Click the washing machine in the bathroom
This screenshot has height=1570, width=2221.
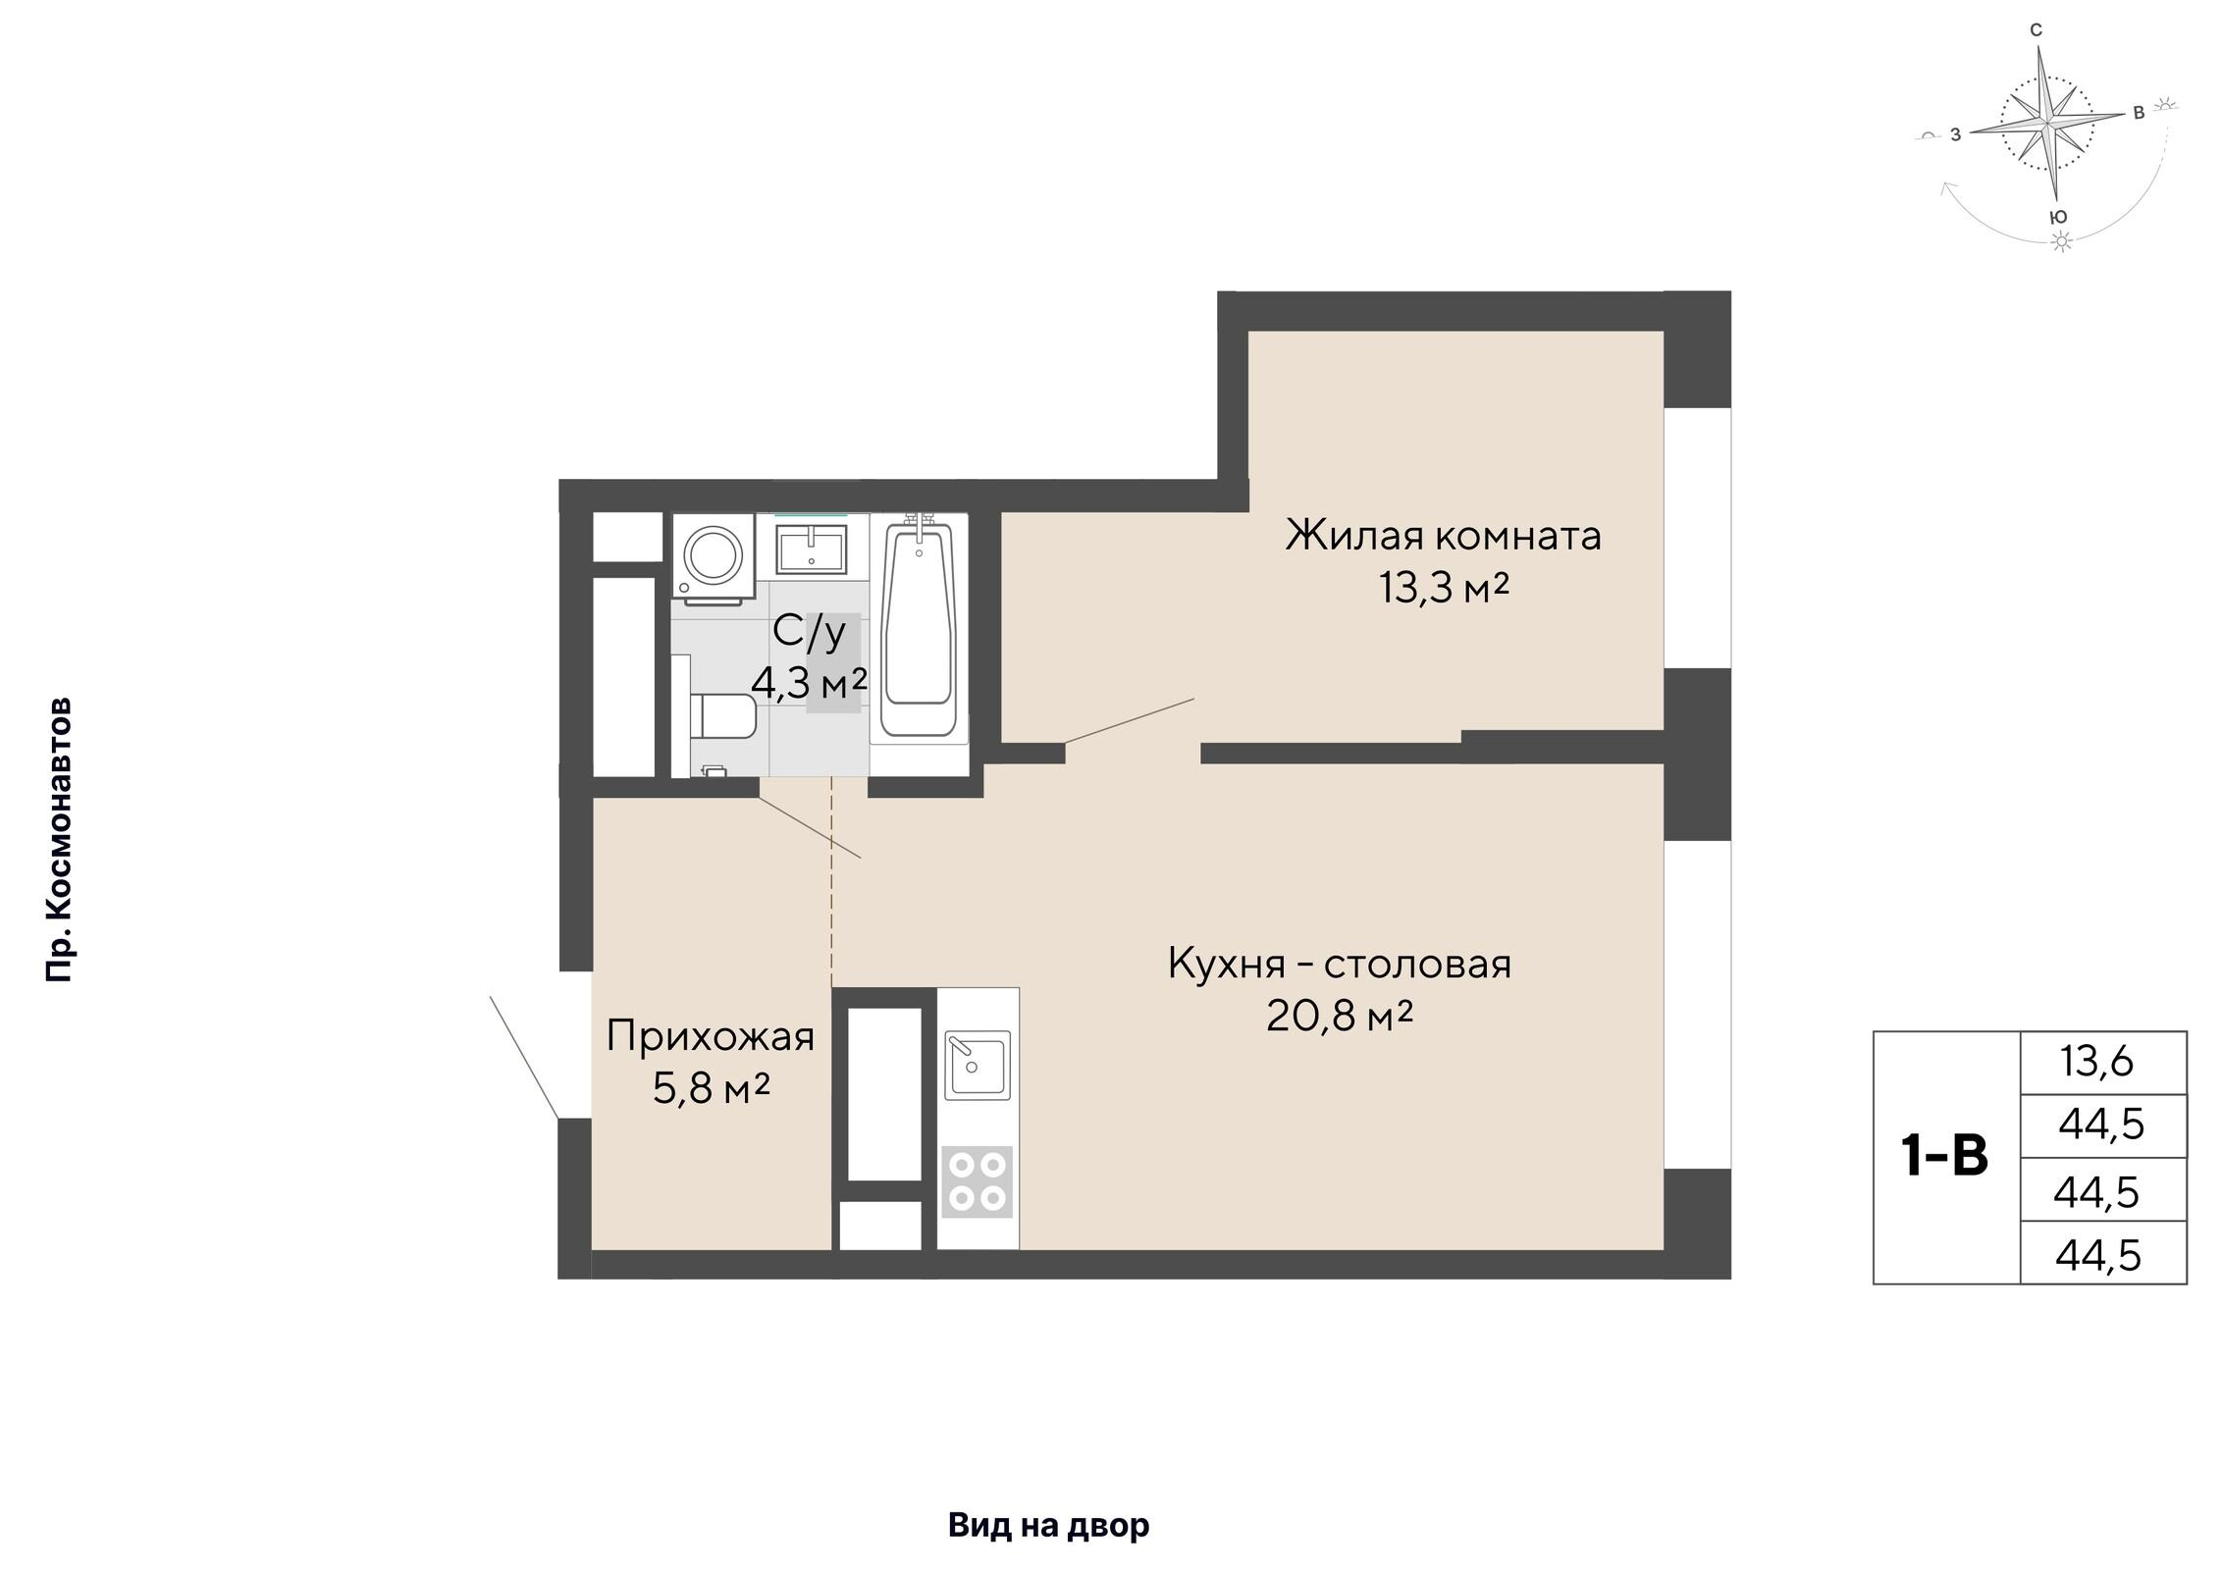tap(714, 555)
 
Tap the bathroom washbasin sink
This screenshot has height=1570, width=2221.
tap(811, 548)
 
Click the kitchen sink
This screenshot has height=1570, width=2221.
tap(978, 1064)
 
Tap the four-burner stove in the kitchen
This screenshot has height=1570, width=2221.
tap(978, 1181)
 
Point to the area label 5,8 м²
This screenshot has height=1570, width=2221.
tap(711, 1088)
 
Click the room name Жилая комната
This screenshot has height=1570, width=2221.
tap(1444, 536)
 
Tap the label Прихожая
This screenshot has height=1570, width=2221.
tap(711, 1036)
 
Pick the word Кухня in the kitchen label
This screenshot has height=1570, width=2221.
tap(1227, 965)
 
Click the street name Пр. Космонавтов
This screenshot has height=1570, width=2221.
tap(59, 840)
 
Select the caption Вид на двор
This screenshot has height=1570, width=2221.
tap(1048, 1526)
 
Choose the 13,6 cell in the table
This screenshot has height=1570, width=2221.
tap(2102, 1062)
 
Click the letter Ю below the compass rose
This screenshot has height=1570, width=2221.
tap(2060, 217)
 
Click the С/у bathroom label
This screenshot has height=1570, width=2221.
tap(809, 631)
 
